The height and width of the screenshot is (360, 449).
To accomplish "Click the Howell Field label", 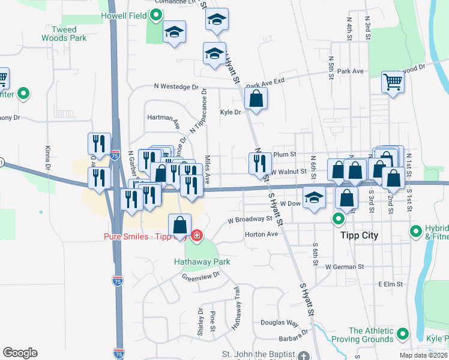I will tap(124, 15).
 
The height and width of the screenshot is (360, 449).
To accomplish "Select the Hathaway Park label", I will tap(202, 262).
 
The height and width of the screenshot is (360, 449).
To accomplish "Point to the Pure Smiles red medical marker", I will tap(197, 235).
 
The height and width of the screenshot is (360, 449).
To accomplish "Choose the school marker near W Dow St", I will tap(314, 198).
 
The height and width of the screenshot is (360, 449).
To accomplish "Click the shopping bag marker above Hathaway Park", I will tap(180, 226).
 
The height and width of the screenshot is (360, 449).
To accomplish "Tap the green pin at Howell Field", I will tap(156, 15).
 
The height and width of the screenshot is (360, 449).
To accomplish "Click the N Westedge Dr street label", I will tap(176, 87).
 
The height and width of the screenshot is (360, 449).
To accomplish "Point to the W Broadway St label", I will tap(250, 220).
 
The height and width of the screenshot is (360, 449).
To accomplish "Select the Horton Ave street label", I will tap(262, 234).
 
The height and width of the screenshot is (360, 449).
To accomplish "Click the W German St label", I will tap(345, 266).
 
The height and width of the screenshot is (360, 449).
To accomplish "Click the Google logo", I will tap(20, 353).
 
